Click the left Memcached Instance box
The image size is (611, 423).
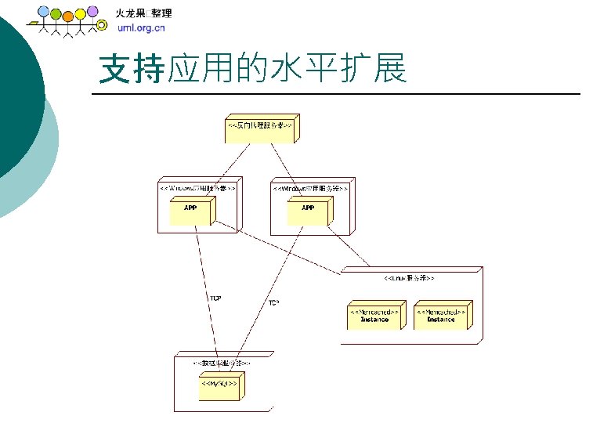pos(374,315)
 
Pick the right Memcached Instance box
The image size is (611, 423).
pos(441,315)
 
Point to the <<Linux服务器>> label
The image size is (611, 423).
pos(410,278)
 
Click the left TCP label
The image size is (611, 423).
pos(215,298)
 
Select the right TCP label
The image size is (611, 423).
pos(274,302)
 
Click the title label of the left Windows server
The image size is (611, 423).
pos(197,188)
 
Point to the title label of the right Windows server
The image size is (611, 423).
pos(309,188)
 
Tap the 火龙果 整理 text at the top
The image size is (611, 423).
pos(144,13)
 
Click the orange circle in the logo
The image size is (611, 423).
pos(67,16)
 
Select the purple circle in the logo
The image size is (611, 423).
pos(92,11)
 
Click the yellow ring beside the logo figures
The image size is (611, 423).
pos(101,25)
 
